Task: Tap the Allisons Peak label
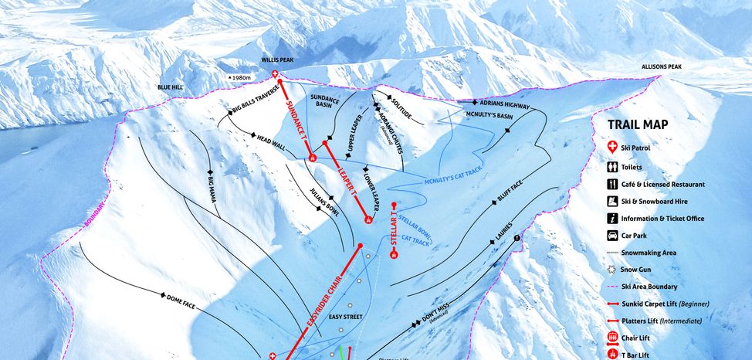coord(662,67)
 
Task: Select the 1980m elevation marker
coord(240,78)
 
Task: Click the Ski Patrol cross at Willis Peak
coord(277,74)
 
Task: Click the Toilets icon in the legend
coord(612,166)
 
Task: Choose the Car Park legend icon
coord(612,235)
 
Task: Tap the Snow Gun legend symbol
coord(612,270)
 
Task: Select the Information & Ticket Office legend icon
coord(612,218)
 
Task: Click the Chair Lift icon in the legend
coord(612,338)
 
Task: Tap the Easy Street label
coord(345,317)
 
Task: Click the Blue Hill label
coord(170,87)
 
